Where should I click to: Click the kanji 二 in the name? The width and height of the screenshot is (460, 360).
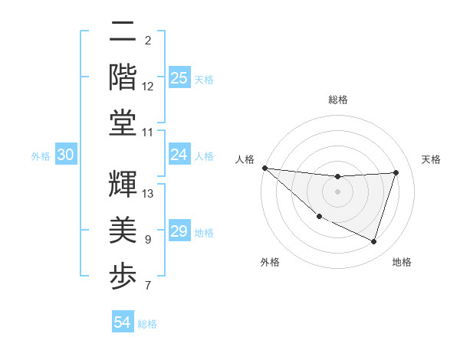[x=123, y=33]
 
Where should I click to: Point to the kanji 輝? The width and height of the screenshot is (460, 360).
[x=123, y=183]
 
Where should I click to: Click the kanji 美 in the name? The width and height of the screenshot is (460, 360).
[x=123, y=229]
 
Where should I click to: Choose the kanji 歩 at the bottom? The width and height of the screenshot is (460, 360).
[x=123, y=273]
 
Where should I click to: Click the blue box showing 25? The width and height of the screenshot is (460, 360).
[x=179, y=77]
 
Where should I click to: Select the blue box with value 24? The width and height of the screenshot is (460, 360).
[x=179, y=155]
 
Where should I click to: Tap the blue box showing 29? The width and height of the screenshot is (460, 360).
[x=179, y=231]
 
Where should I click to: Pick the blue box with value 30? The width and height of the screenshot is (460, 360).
[x=66, y=155]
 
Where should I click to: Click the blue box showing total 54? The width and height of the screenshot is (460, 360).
[x=123, y=322]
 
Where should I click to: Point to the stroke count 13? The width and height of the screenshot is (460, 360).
[x=149, y=193]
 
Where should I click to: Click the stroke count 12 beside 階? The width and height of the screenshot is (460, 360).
[x=148, y=86]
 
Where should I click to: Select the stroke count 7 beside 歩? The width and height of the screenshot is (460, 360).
[x=148, y=286]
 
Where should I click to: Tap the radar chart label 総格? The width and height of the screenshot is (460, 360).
[x=337, y=100]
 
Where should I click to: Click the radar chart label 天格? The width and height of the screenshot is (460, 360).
[x=432, y=159]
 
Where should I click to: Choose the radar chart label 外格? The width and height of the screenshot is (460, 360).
[x=269, y=262]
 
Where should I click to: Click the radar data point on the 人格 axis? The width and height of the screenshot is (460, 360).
[x=264, y=168]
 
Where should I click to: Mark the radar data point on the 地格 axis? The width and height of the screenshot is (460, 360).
[x=373, y=241]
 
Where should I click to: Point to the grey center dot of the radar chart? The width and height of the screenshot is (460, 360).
[x=337, y=191]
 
